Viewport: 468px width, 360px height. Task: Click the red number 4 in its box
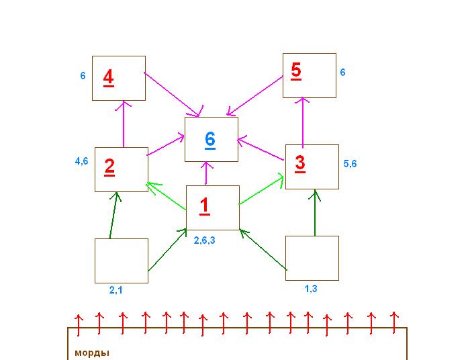point(108,77)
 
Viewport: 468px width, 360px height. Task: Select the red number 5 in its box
point(296,71)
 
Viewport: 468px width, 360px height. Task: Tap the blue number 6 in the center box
point(210,139)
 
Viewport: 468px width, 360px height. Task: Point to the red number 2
point(109,166)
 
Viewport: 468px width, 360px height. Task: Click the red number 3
point(299,163)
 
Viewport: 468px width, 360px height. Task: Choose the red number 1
point(205,206)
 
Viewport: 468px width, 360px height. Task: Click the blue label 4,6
point(82,161)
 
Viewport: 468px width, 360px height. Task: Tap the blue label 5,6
point(350,163)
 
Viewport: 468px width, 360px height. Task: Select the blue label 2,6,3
point(204,240)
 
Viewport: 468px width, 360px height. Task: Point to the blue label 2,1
point(115,291)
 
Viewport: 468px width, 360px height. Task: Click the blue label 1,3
point(311,288)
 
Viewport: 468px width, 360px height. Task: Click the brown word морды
point(91,353)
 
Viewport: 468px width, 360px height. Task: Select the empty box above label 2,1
point(121,261)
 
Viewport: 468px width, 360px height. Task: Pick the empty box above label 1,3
point(312,257)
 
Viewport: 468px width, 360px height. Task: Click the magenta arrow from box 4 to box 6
point(173,93)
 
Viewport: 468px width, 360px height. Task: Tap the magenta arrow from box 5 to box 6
point(255,95)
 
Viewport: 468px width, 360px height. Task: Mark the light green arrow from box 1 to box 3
point(261,191)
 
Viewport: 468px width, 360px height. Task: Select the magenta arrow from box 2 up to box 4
point(124,124)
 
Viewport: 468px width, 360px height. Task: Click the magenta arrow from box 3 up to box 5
point(302,121)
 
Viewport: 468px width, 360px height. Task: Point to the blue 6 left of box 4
point(83,76)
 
